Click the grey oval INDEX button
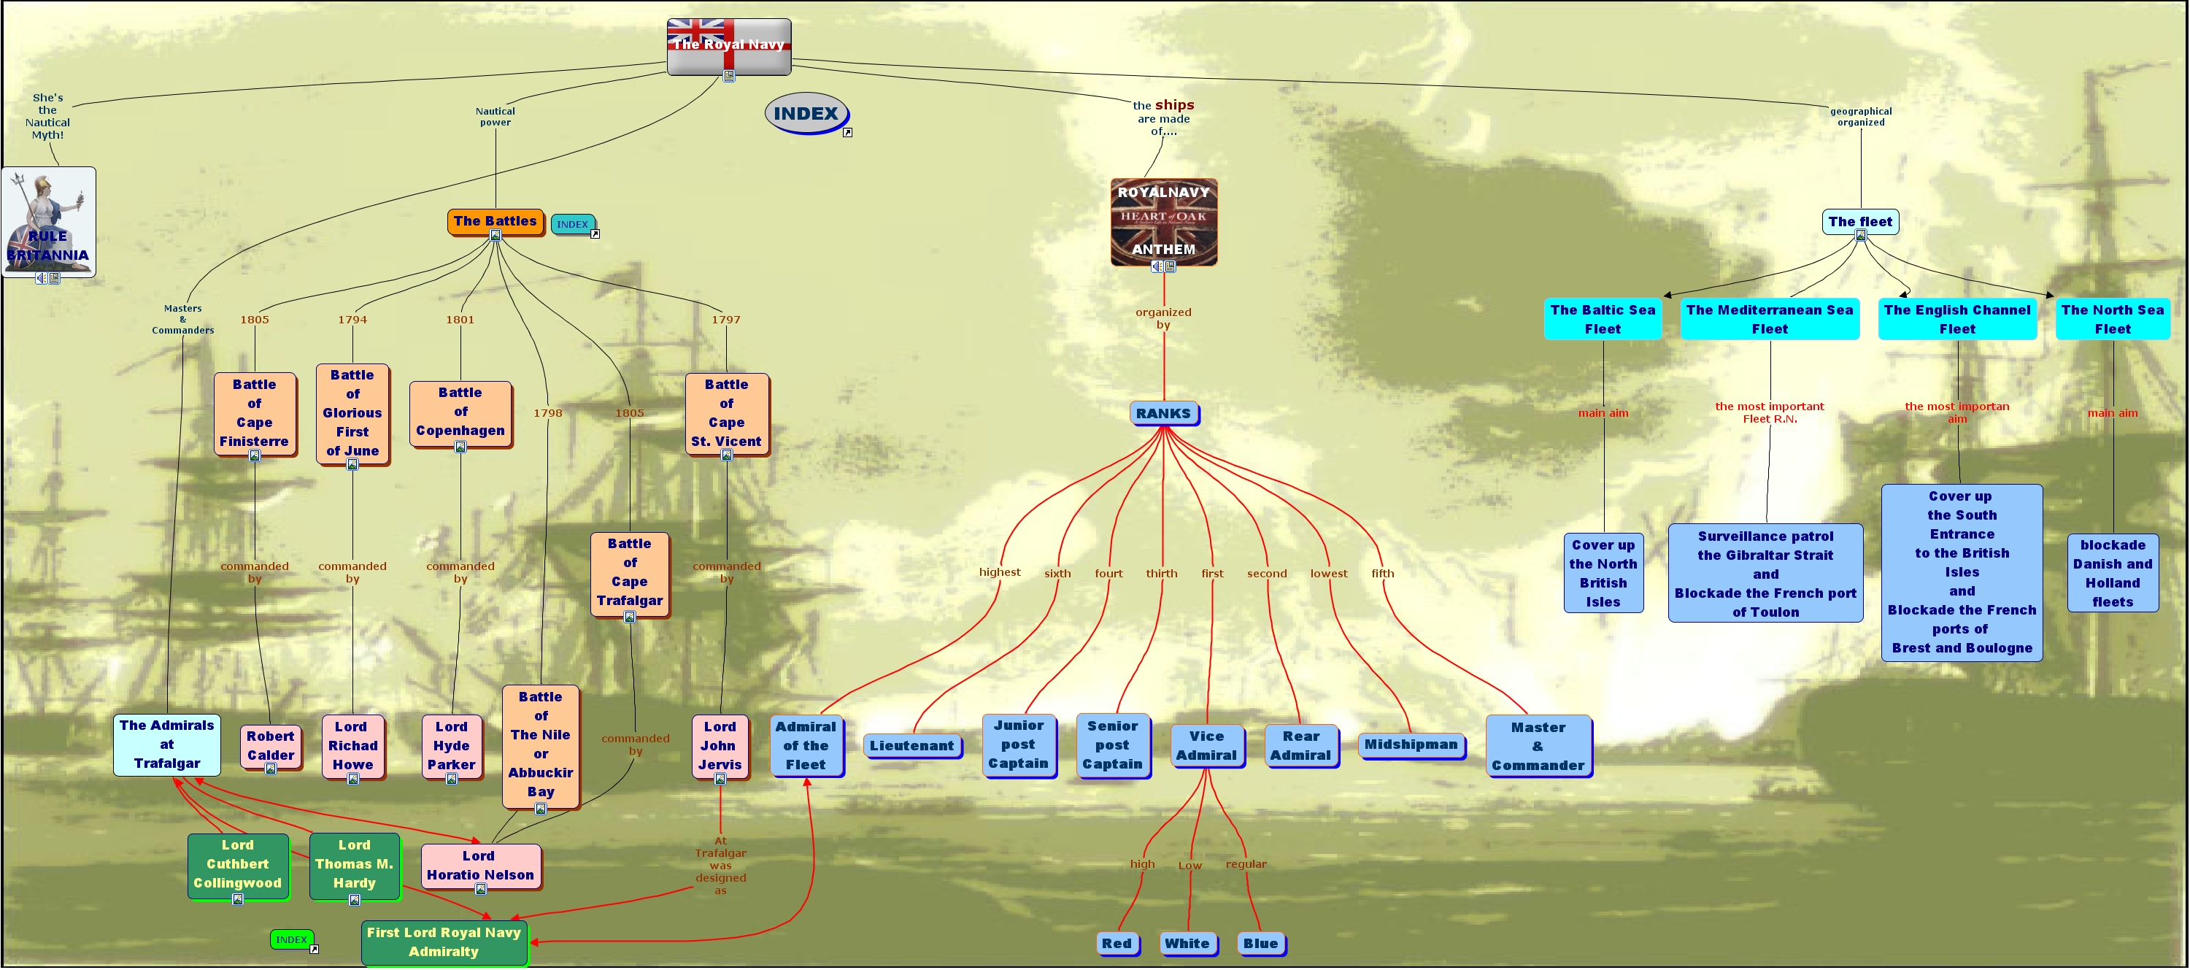[805, 114]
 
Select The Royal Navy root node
[728, 45]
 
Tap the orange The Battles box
[495, 221]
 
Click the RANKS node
[1163, 413]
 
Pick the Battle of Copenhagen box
[460, 412]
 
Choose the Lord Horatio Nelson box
[480, 866]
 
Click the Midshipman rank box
[1411, 744]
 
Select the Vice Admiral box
[1206, 746]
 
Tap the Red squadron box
[1117, 943]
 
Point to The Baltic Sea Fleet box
[1603, 319]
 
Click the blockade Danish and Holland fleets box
[2112, 573]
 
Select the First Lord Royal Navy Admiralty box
[444, 942]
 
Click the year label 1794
[352, 320]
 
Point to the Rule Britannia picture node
[48, 221]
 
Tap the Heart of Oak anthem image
[1163, 221]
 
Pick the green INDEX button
[290, 939]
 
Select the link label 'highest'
[999, 572]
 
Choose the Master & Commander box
[1537, 746]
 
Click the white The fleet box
[1859, 222]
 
